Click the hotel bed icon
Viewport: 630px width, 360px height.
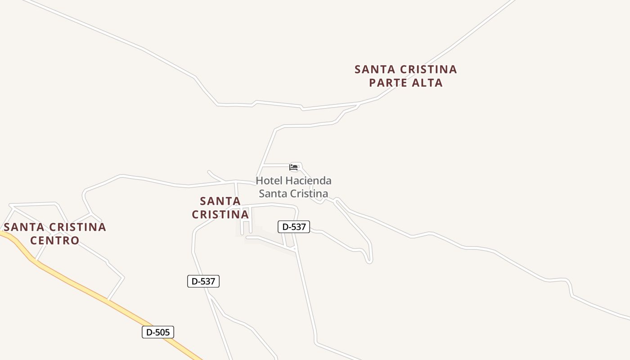click(294, 167)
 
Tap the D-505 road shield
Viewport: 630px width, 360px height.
click(158, 332)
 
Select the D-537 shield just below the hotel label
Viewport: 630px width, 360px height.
click(294, 227)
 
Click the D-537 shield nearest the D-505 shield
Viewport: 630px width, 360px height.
click(203, 281)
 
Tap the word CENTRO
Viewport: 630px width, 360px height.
click(55, 240)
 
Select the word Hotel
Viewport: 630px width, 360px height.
click(270, 181)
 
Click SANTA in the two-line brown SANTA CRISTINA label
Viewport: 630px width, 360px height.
click(220, 201)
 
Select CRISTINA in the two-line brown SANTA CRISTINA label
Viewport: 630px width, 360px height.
click(220, 214)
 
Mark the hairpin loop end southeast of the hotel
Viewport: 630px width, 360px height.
click(369, 261)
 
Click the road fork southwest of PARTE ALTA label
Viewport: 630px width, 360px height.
click(359, 105)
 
